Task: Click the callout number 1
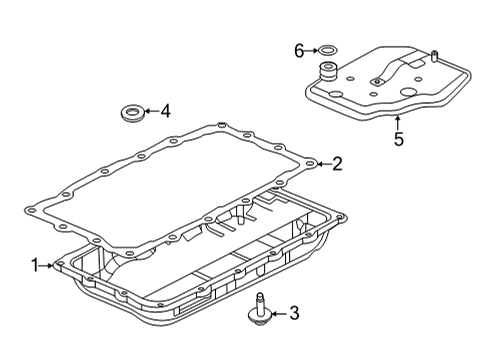pyautogui.click(x=34, y=265)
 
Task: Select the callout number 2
pyautogui.click(x=337, y=163)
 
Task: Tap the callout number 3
pyautogui.click(x=293, y=315)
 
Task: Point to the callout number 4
pyautogui.click(x=165, y=112)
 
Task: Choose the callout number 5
pyautogui.click(x=398, y=139)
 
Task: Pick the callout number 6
pyautogui.click(x=298, y=48)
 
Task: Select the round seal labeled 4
pyautogui.click(x=130, y=112)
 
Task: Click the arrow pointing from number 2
pyautogui.click(x=322, y=163)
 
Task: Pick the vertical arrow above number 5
pyautogui.click(x=398, y=122)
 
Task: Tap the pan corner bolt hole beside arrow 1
pyautogui.click(x=62, y=265)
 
